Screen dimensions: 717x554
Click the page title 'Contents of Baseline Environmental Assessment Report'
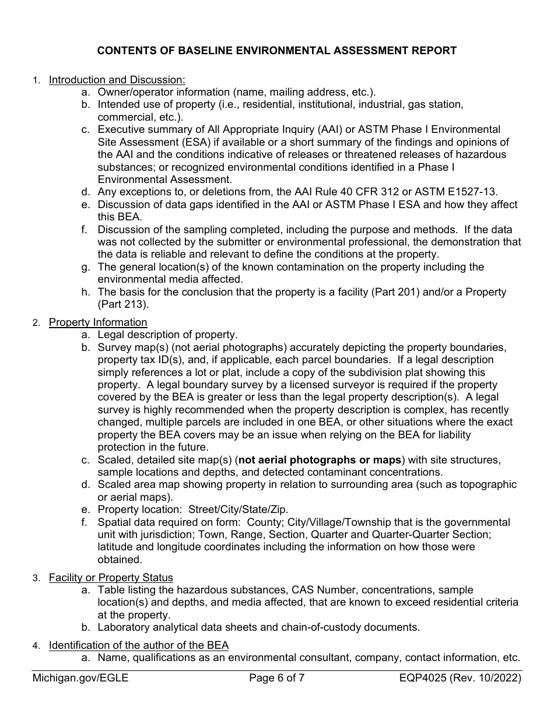coord(276,51)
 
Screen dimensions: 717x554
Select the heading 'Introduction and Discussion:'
coord(117,80)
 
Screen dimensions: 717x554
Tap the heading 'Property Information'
coord(98,322)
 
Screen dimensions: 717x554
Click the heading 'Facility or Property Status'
coord(111,578)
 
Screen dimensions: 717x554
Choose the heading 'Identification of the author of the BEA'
coord(139,645)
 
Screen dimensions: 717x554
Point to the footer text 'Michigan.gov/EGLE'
coord(80,678)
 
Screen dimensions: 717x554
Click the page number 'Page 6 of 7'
coord(276,678)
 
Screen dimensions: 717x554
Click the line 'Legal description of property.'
coord(167,335)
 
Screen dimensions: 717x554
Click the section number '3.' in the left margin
coord(36,578)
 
